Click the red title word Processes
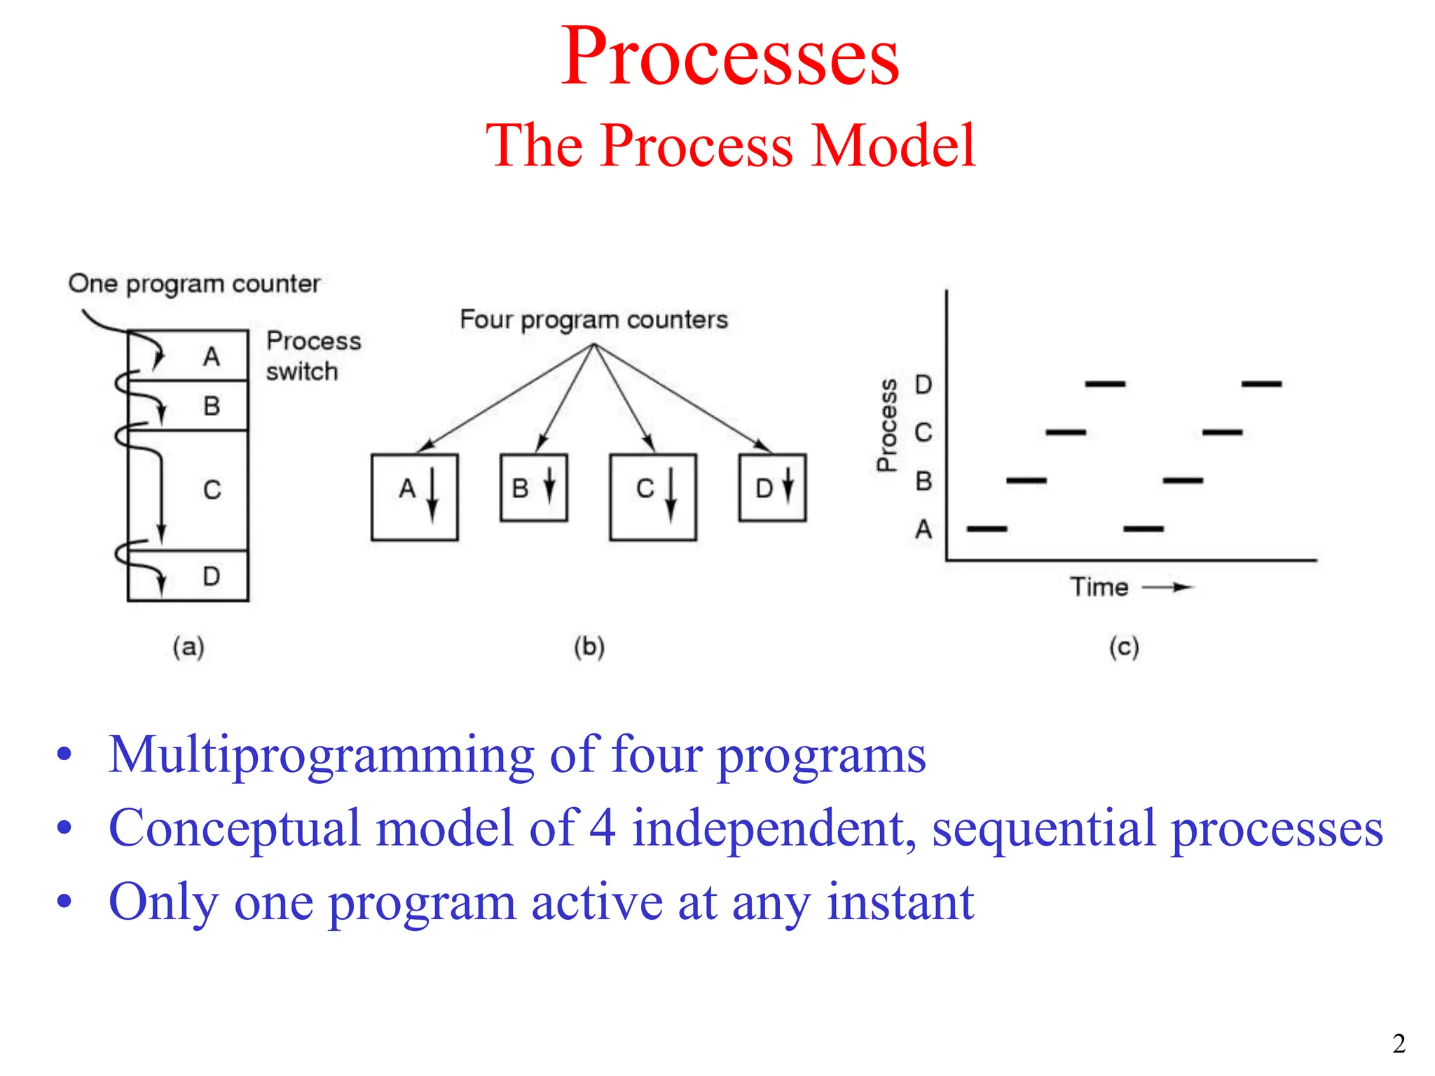tap(729, 57)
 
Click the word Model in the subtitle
tap(893, 146)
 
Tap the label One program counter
tap(194, 284)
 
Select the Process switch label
tap(313, 356)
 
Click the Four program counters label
tap(593, 319)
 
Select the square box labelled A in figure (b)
tap(414, 497)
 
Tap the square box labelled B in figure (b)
tap(533, 488)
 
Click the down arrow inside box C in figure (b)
tap(671, 496)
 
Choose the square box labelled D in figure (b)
tap(772, 488)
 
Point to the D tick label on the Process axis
tap(923, 385)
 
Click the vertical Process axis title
tap(887, 425)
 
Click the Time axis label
tap(1099, 587)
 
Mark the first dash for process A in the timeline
tap(987, 529)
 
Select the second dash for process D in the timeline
tap(1261, 384)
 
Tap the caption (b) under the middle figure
tap(589, 646)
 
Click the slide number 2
tap(1399, 1044)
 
